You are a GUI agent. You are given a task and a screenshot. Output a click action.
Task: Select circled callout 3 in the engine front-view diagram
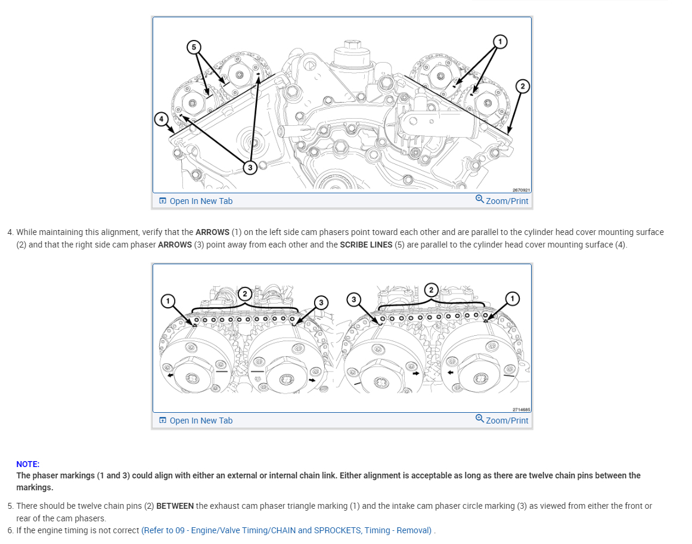tap(250, 168)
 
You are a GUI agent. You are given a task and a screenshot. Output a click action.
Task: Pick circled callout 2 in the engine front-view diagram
tap(522, 86)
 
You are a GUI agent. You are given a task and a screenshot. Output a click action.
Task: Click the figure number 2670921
tap(521, 190)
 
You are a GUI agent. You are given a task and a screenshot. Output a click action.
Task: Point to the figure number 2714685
tap(521, 410)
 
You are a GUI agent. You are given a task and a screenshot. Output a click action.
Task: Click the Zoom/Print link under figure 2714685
tap(502, 420)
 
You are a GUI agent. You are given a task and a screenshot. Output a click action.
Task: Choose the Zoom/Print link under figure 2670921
tap(502, 200)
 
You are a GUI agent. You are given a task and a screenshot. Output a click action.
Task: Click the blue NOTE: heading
tap(28, 464)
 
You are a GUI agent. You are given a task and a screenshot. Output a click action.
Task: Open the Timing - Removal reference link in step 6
tap(286, 530)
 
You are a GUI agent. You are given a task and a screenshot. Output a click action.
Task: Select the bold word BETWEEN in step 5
tap(175, 506)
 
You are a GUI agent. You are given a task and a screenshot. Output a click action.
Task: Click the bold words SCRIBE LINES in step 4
tap(366, 245)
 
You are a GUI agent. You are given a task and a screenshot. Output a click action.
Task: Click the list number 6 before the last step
tap(10, 530)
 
